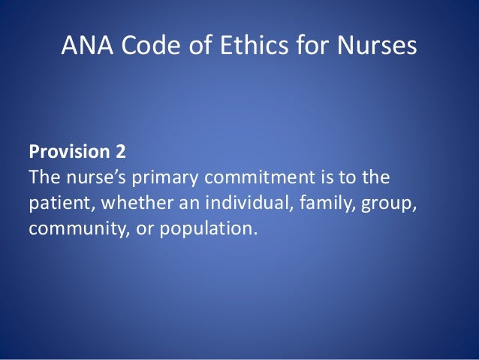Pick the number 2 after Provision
[121, 153]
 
